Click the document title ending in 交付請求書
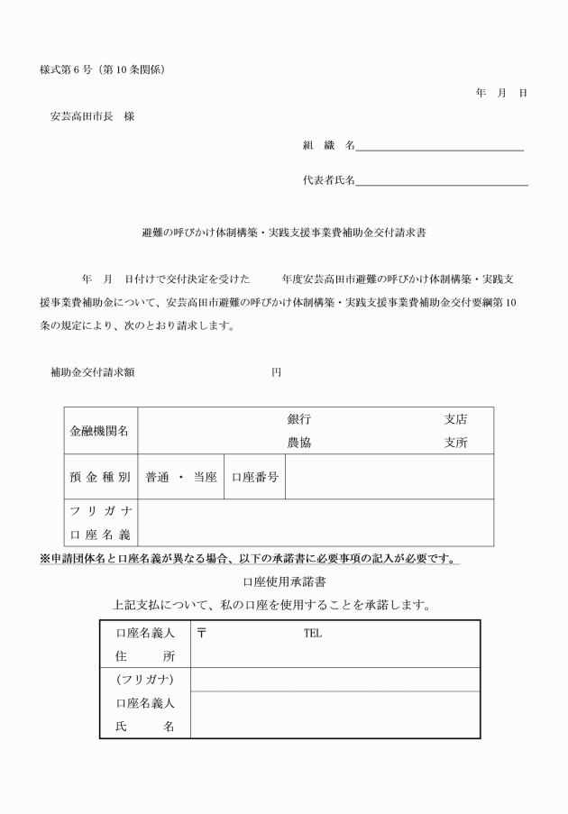tap(284, 232)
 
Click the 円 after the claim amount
tap(277, 372)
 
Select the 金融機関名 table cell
tap(99, 431)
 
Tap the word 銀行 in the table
tap(299, 419)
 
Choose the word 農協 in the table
tap(299, 443)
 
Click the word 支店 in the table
tap(455, 419)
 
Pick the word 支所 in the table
tap(455, 443)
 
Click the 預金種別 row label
tap(99, 477)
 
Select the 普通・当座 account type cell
tap(181, 477)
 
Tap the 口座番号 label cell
tap(254, 477)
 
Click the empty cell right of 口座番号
tap(389, 477)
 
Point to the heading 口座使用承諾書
tap(283, 581)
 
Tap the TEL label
tap(312, 634)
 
